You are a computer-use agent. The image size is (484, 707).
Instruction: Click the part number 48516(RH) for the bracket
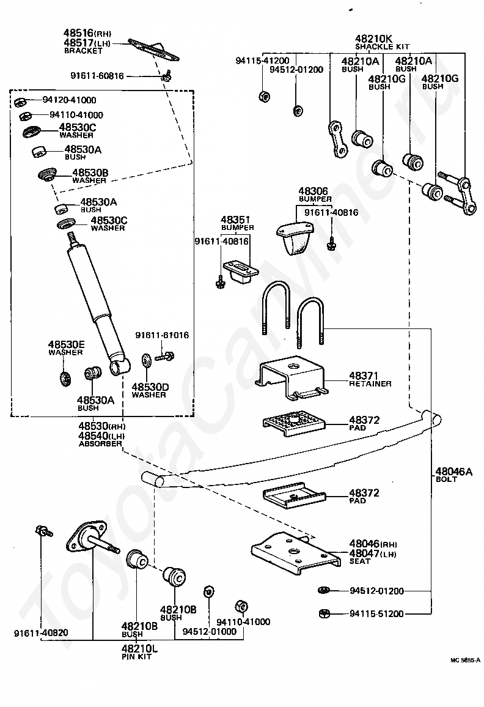[x=87, y=33]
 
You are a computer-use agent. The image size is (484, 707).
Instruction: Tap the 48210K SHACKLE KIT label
[x=382, y=41]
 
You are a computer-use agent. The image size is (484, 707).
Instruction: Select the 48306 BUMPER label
[x=315, y=194]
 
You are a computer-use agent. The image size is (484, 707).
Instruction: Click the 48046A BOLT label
[x=453, y=475]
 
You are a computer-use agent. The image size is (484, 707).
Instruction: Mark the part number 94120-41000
[x=69, y=100]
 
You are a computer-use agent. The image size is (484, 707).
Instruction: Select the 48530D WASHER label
[x=148, y=390]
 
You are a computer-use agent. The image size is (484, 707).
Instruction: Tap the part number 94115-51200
[x=376, y=613]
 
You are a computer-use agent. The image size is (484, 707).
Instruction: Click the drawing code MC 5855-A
[x=464, y=661]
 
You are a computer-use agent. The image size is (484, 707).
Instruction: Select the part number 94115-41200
[x=262, y=61]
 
